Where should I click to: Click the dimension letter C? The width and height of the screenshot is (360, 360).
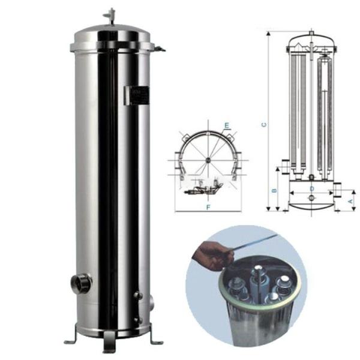click(x=264, y=125)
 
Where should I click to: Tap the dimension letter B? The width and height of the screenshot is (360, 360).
click(x=274, y=191)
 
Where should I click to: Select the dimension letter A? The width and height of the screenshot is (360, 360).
click(x=350, y=202)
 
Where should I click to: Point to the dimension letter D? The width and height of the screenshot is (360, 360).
click(x=311, y=188)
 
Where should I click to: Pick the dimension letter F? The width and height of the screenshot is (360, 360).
click(x=207, y=206)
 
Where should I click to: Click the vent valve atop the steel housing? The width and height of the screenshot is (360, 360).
click(x=111, y=16)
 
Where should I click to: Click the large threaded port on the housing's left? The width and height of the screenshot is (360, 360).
click(x=81, y=283)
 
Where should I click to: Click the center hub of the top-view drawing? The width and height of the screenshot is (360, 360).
click(x=208, y=159)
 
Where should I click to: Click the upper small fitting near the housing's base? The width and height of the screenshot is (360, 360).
click(x=137, y=296)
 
